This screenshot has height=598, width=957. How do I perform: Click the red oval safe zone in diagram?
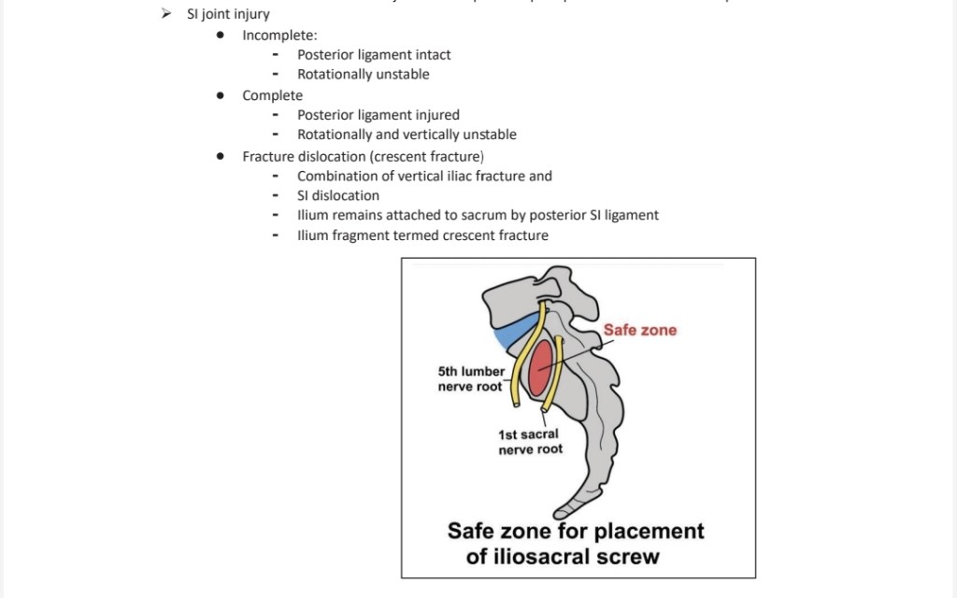tap(539, 368)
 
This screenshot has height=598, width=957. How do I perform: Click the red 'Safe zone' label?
tap(639, 330)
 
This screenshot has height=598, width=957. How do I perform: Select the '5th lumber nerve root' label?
tap(470, 378)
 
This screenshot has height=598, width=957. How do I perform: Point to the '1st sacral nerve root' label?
tap(530, 442)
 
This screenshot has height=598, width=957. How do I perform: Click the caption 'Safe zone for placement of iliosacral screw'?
tap(575, 544)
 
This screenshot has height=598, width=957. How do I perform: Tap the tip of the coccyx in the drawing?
tap(562, 511)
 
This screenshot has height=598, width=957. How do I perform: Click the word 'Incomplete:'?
tap(279, 36)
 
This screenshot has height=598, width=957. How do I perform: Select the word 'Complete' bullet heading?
tap(272, 95)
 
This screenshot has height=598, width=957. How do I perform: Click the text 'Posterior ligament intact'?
tap(374, 55)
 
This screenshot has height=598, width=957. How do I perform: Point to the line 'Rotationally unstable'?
tap(363, 75)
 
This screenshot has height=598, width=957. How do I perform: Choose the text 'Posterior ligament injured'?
tap(378, 115)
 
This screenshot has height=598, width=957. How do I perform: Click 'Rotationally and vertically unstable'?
tap(407, 135)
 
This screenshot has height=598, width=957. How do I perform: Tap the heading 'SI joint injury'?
tap(228, 14)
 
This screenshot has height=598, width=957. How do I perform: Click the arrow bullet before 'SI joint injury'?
tap(166, 14)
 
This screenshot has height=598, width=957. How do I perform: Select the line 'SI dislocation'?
tap(337, 195)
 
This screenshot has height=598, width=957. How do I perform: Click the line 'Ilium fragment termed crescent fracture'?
tap(422, 235)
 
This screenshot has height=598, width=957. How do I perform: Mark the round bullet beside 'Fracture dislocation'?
tap(220, 156)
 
